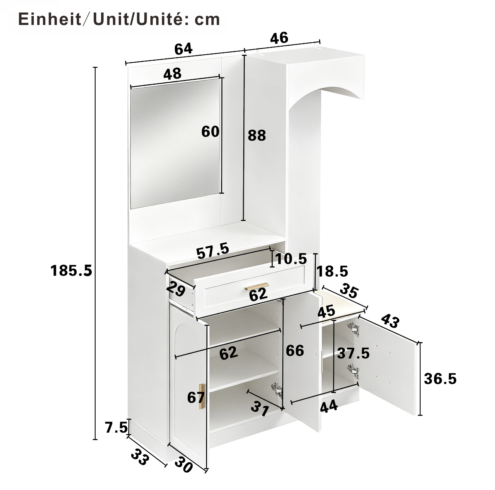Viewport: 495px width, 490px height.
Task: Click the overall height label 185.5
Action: pyautogui.click(x=71, y=271)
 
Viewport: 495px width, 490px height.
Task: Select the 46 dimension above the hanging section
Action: pyautogui.click(x=279, y=38)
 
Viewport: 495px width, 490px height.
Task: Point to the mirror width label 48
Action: pyautogui.click(x=172, y=74)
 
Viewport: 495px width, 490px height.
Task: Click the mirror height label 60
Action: pyautogui.click(x=210, y=131)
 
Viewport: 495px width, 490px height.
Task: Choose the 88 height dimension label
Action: pyautogui.click(x=257, y=135)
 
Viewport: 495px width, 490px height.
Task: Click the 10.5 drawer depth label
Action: pyautogui.click(x=291, y=259)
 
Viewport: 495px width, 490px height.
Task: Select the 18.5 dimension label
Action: pyautogui.click(x=332, y=271)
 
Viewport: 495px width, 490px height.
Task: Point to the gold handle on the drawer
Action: pyautogui.click(x=256, y=286)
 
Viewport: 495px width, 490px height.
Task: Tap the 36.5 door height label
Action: pyautogui.click(x=440, y=379)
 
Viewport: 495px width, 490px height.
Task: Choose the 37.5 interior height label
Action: pyautogui.click(x=353, y=353)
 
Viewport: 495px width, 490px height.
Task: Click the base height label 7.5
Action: pyautogui.click(x=116, y=428)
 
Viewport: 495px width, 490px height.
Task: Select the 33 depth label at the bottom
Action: pyautogui.click(x=140, y=457)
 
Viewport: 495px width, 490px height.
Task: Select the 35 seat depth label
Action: pyautogui.click(x=349, y=291)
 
